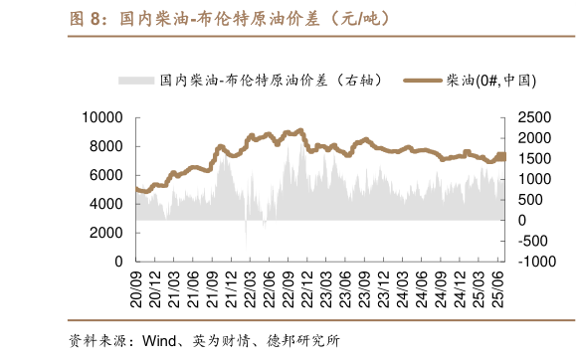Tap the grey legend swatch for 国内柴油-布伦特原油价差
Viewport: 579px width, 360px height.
coord(135,80)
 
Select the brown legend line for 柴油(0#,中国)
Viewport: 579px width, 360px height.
coord(424,80)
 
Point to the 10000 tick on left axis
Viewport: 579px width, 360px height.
coord(101,117)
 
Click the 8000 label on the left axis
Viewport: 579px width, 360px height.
coord(105,146)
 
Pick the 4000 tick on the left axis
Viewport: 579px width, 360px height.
coord(105,203)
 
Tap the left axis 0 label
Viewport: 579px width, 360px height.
coord(117,261)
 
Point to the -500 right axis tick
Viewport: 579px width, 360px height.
coord(536,241)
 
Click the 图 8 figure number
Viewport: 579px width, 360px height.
coord(88,19)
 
